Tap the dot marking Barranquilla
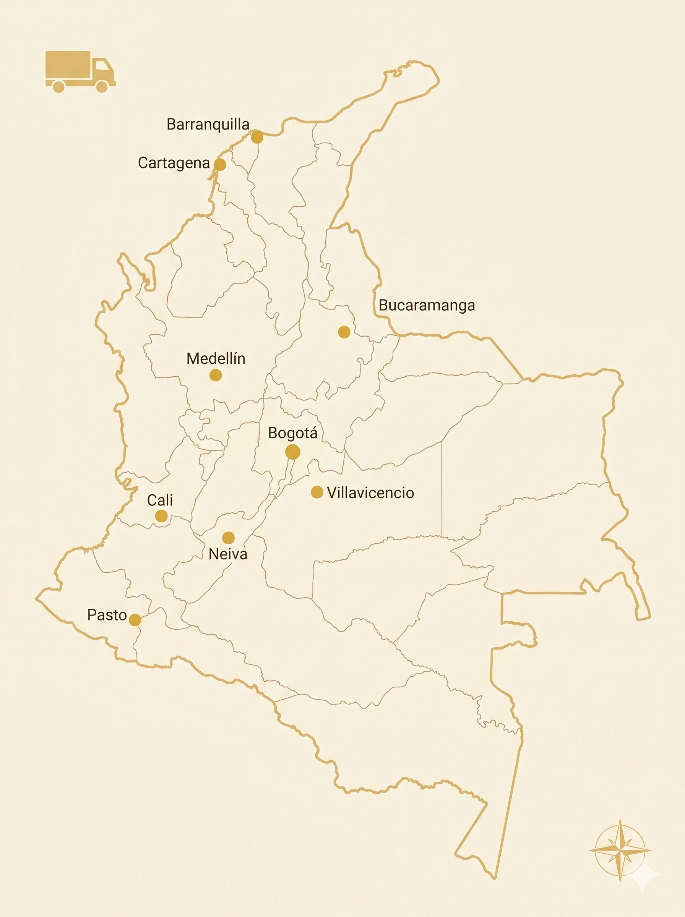click(257, 137)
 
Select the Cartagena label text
click(174, 163)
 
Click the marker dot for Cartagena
click(220, 165)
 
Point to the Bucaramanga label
click(427, 305)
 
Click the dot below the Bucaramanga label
click(344, 332)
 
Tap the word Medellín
click(216, 358)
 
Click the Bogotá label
click(293, 433)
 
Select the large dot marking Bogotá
click(293, 452)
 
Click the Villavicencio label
click(370, 493)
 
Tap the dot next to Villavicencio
click(317, 492)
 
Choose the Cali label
click(160, 500)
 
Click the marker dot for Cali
click(161, 516)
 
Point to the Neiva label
click(228, 554)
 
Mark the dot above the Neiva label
click(229, 538)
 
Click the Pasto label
click(107, 615)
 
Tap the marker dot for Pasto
click(135, 620)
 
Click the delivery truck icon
click(80, 71)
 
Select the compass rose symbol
click(620, 850)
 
